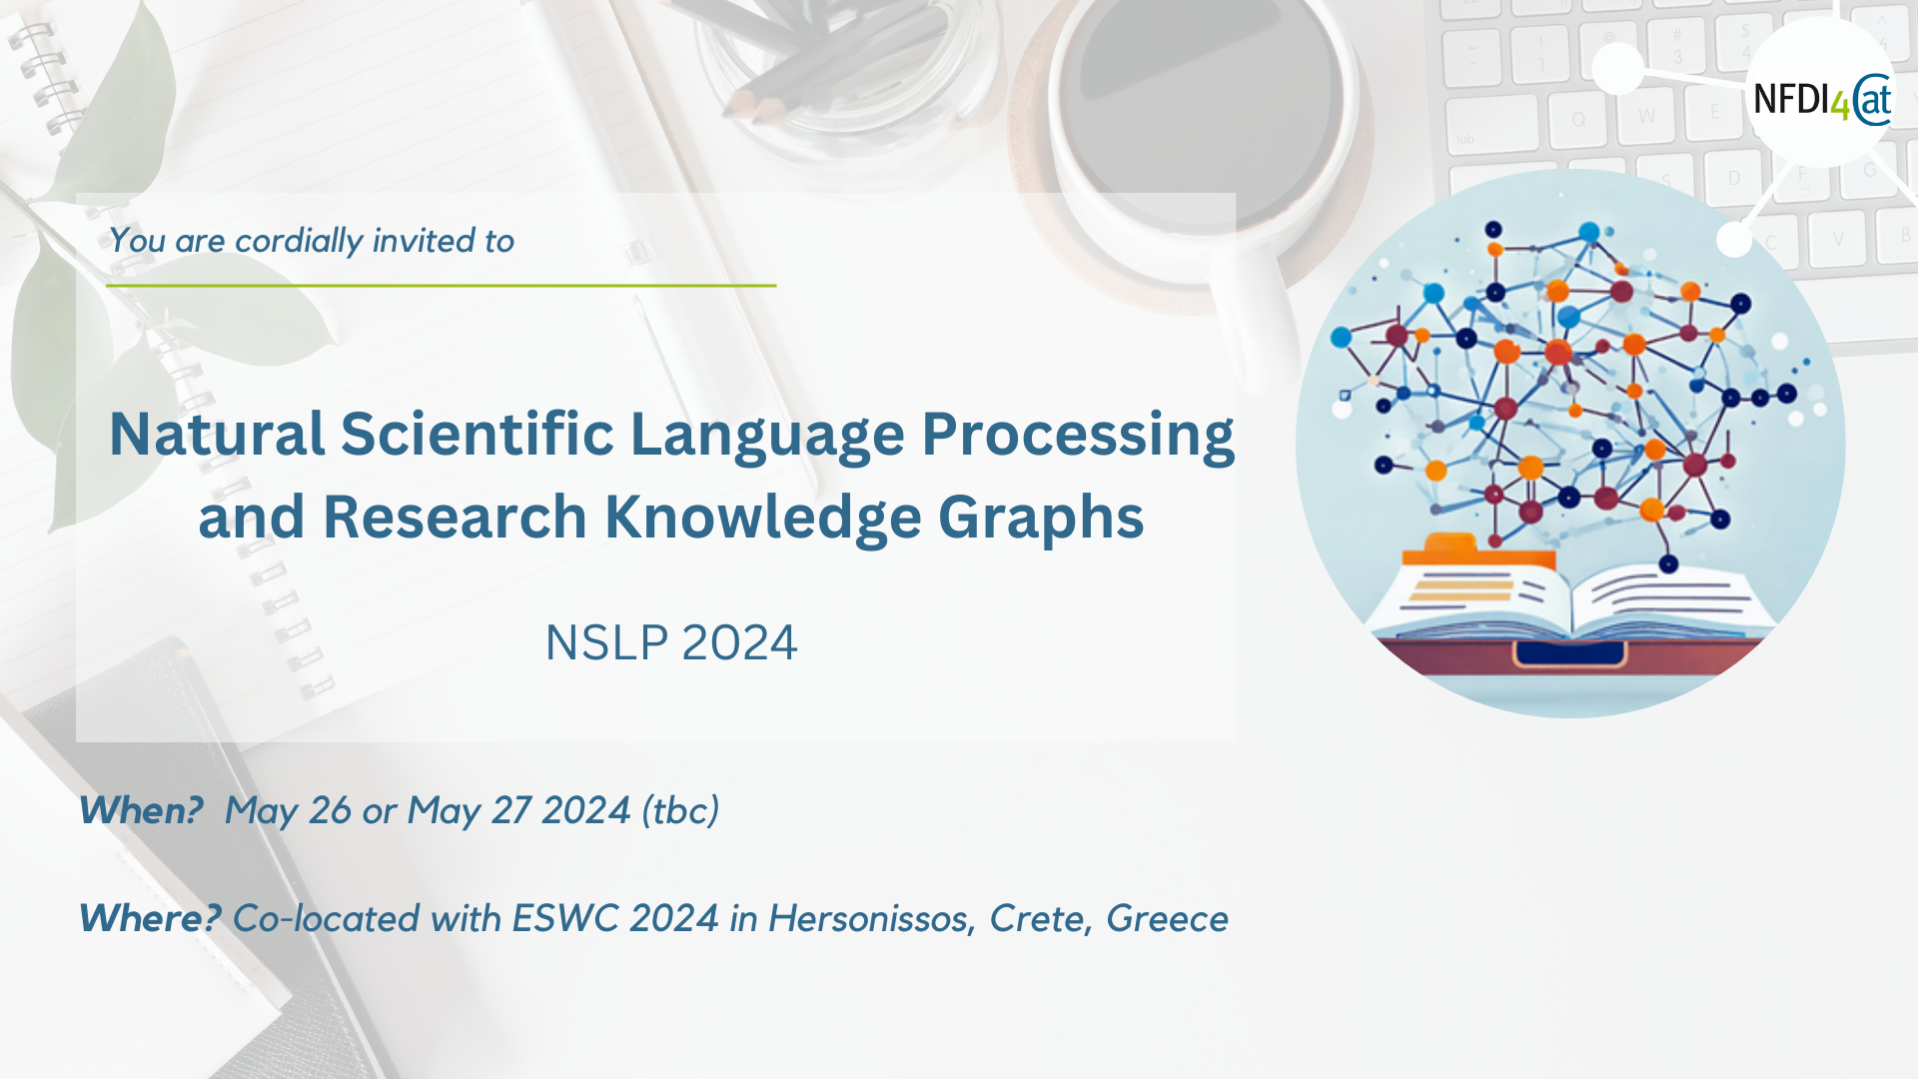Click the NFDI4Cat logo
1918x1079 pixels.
tap(1822, 100)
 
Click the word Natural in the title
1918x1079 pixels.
tap(217, 435)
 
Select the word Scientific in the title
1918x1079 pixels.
tap(478, 435)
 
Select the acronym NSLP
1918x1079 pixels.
tap(606, 642)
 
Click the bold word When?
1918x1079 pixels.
tap(141, 810)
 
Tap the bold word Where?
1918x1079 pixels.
tap(150, 918)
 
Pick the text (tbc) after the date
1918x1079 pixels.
tap(680, 810)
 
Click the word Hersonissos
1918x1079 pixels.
tap(872, 918)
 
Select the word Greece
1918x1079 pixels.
tap(1167, 918)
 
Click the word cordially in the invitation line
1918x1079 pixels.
tap(299, 241)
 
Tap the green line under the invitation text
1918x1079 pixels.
tap(442, 286)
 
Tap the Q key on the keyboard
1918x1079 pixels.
tap(1578, 121)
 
